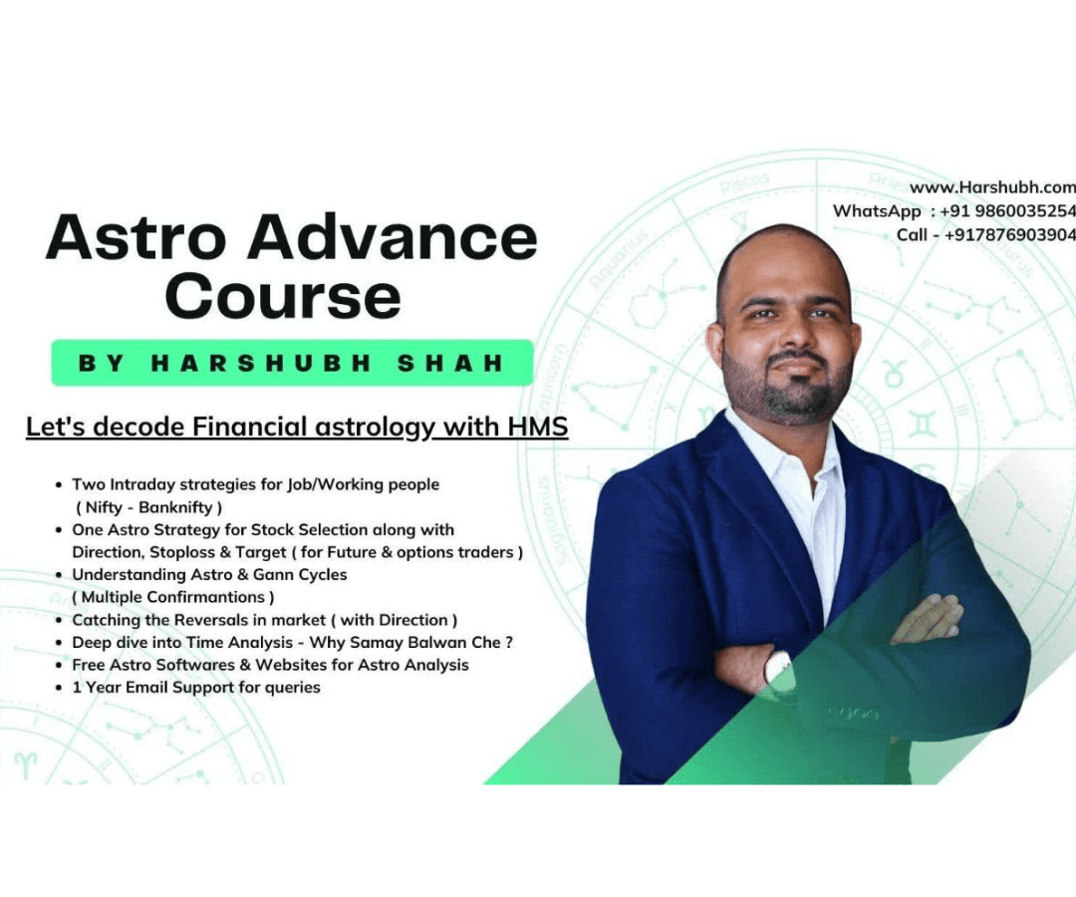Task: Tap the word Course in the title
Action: click(283, 296)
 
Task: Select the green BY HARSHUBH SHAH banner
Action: click(292, 363)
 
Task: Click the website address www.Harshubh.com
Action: click(992, 186)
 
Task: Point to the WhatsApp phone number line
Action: click(953, 210)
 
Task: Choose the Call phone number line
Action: click(985, 234)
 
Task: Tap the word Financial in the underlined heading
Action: click(254, 428)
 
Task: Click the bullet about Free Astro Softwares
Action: click(270, 665)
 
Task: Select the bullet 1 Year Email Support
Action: click(195, 688)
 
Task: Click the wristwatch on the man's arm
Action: click(777, 667)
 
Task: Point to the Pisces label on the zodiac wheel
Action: click(745, 182)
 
